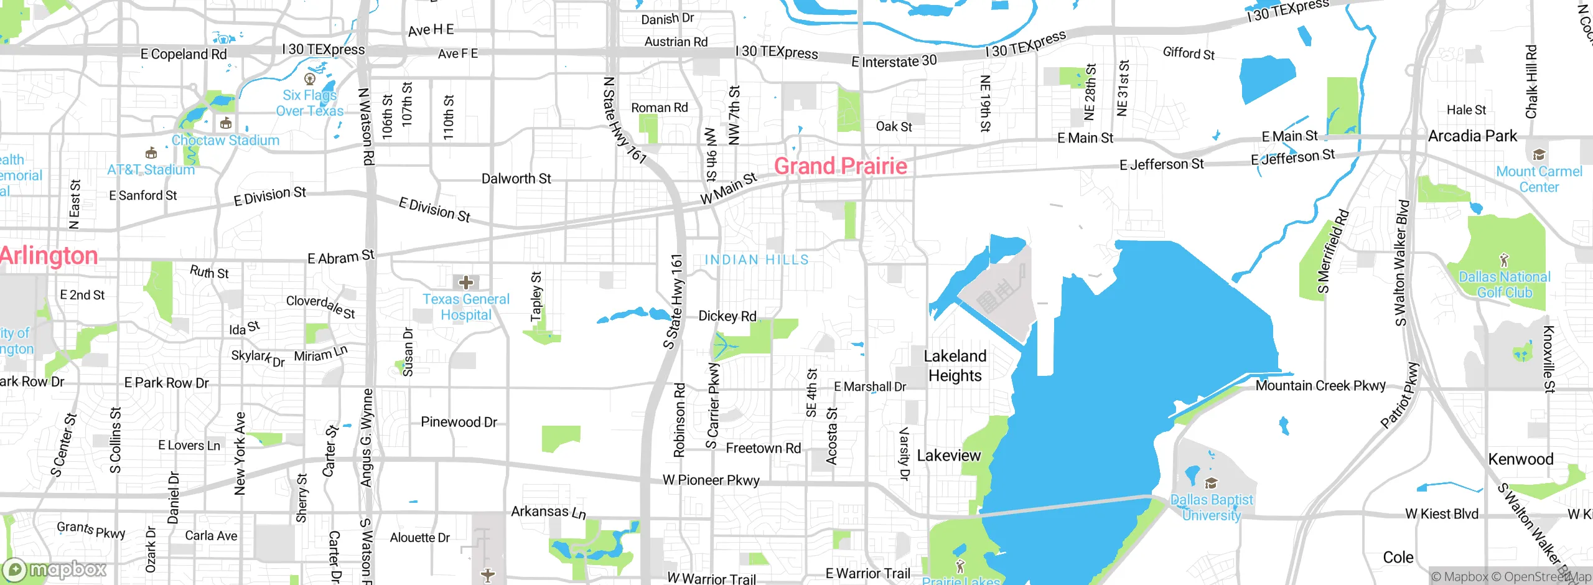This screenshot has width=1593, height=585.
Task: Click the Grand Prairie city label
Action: coord(840,166)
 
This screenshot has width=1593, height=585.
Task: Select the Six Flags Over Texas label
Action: coord(310,103)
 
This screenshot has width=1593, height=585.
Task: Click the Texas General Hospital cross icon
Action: coord(465,283)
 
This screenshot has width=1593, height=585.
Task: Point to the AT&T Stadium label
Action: coord(151,169)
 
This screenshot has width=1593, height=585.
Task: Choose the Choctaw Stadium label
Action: coord(225,141)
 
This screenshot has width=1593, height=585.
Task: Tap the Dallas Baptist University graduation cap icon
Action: coord(1211,483)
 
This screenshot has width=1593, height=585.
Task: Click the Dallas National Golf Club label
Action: coord(1504,284)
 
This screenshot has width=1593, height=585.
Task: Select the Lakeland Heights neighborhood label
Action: coord(955,366)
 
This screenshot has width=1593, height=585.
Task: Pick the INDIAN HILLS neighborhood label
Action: coord(757,260)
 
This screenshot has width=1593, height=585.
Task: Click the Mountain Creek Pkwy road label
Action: coord(1320,386)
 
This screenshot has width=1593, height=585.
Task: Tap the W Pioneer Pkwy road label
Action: coord(711,480)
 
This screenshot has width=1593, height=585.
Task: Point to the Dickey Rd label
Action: coord(727,316)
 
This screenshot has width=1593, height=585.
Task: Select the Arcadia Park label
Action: coord(1472,136)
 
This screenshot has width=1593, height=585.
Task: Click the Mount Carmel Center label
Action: coord(1539,179)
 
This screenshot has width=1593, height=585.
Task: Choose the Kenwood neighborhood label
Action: coord(1521,459)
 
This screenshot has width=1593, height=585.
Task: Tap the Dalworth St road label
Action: coord(516,179)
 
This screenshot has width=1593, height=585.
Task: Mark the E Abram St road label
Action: coord(341,257)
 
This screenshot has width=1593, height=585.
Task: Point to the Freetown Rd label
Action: coord(764,448)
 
